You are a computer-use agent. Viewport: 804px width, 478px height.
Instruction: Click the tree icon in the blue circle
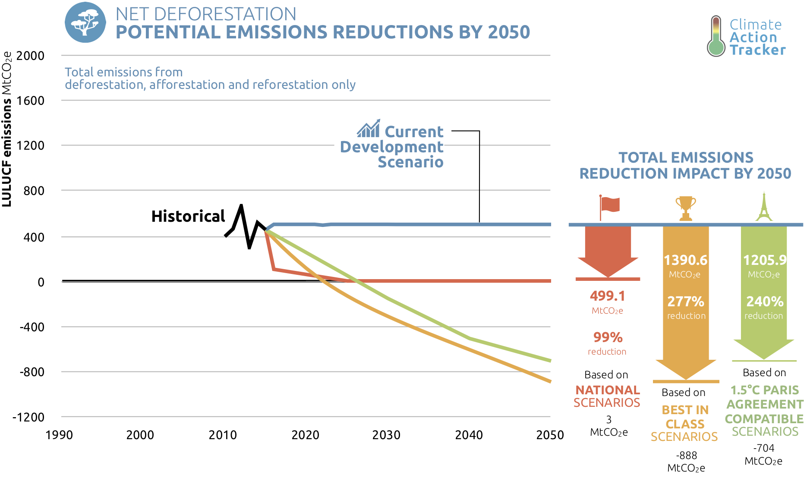85,22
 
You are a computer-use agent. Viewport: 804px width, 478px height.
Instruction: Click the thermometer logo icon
716,37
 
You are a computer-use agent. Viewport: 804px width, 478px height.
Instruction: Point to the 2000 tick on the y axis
30,56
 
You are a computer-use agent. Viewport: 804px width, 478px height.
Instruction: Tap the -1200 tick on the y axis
28,417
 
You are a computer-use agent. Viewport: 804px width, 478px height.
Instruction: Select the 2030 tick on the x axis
386,435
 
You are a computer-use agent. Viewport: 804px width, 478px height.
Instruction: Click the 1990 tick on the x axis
59,435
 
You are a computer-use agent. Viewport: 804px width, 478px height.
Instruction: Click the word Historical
188,216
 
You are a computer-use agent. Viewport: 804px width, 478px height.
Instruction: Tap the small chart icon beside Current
369,129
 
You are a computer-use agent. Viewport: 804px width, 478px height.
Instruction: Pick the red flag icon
609,207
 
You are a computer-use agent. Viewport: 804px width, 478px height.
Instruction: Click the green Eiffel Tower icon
764,207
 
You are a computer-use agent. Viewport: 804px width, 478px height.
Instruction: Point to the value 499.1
608,296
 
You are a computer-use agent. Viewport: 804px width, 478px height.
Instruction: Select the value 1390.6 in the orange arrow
685,260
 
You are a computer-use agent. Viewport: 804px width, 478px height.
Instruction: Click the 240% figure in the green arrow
765,301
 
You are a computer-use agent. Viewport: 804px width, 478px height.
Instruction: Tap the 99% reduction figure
608,337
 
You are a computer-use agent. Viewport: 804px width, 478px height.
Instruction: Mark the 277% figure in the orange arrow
685,301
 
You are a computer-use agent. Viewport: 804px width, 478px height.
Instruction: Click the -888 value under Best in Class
686,456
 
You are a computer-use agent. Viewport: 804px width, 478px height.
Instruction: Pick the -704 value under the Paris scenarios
763,448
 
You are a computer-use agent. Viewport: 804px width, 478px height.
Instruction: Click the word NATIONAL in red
607,390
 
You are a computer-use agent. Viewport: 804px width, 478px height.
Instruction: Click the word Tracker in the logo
758,50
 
